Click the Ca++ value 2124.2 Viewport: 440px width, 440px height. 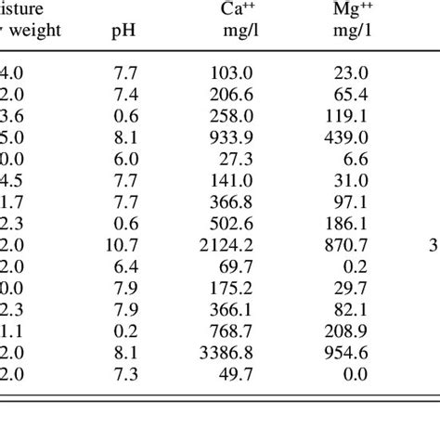point(227,245)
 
